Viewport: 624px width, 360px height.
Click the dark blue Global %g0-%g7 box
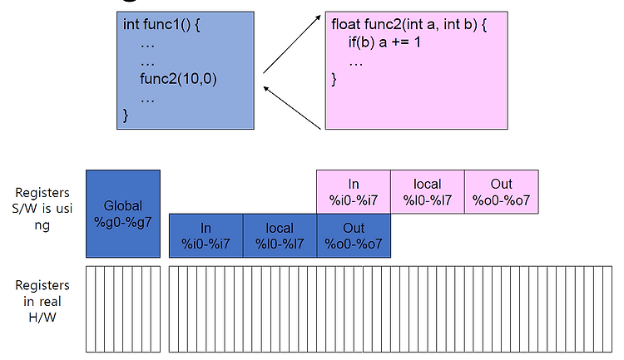pyautogui.click(x=123, y=214)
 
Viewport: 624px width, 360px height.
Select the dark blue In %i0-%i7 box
pyautogui.click(x=206, y=235)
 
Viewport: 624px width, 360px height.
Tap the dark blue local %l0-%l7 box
pyautogui.click(x=280, y=235)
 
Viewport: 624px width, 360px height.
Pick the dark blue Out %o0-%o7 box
pyautogui.click(x=354, y=235)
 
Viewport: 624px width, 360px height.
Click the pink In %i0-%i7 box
pyautogui.click(x=354, y=192)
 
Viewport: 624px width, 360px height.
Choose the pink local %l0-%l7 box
pyautogui.click(x=428, y=192)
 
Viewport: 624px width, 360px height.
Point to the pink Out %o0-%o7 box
pyautogui.click(x=502, y=192)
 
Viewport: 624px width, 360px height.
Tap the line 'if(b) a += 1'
pyautogui.click(x=384, y=42)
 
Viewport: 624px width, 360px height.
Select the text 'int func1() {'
pyautogui.click(x=161, y=25)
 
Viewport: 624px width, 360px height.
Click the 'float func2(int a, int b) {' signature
pyautogui.click(x=409, y=25)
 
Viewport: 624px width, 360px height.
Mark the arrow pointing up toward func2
pyautogui.click(x=292, y=45)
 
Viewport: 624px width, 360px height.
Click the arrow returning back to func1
pyautogui.click(x=292, y=108)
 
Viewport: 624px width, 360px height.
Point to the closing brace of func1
pyautogui.click(x=126, y=116)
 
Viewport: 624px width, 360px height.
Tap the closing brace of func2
pyautogui.click(x=334, y=80)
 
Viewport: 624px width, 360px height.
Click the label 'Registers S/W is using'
pyautogui.click(x=42, y=209)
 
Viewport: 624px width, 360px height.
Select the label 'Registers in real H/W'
pyautogui.click(x=42, y=301)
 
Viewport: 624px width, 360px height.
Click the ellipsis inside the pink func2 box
pyautogui.click(x=356, y=64)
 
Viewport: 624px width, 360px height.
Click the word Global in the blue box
pyautogui.click(x=123, y=205)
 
